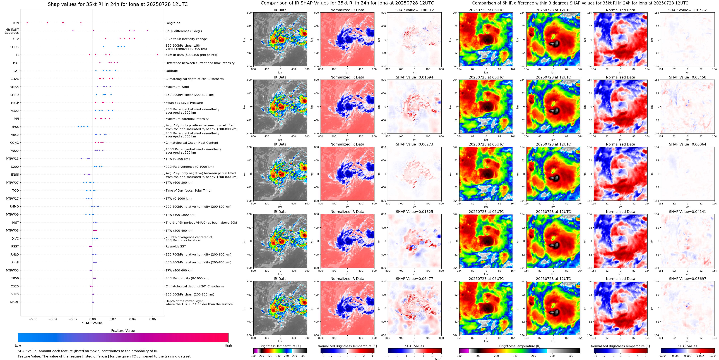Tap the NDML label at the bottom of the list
coord(15,302)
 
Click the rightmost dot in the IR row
coord(157,55)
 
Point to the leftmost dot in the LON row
coord(27,23)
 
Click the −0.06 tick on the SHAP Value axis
coord(33,319)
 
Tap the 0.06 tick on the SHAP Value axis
coord(152,319)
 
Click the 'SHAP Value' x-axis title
coord(92,323)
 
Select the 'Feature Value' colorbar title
coord(123,331)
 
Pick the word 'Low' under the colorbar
coord(18,345)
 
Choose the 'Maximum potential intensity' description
coord(187,119)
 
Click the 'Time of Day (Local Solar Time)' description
coord(188,190)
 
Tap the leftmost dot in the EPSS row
coord(78,127)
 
